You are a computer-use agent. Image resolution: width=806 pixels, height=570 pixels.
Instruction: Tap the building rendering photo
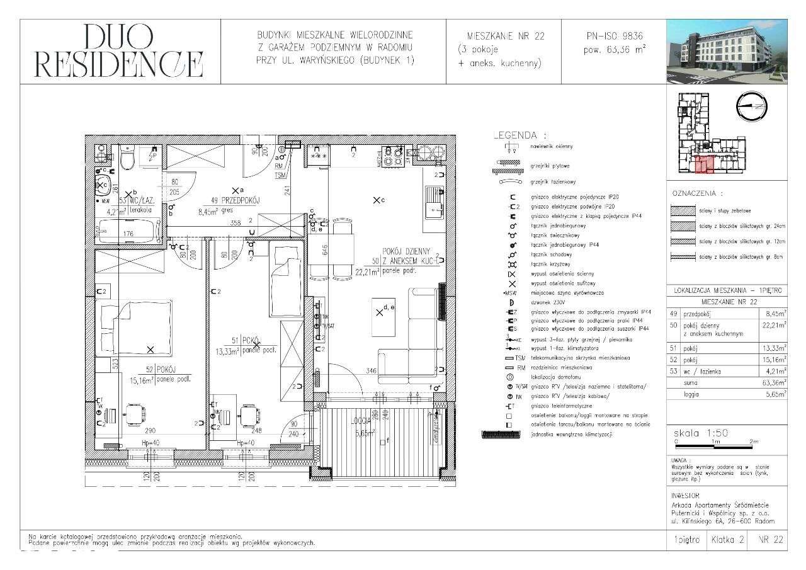(727, 51)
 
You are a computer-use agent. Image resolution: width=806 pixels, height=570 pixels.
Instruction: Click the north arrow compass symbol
(751, 107)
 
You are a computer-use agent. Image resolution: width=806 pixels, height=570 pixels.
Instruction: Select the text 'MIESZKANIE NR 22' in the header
(505, 37)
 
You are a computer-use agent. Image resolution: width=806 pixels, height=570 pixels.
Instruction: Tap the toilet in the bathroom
(127, 159)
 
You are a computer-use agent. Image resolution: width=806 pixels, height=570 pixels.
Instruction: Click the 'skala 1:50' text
(700, 434)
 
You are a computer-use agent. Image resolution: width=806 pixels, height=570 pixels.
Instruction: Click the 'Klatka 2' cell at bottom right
(728, 540)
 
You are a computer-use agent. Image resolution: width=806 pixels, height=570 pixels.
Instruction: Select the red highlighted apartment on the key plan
(705, 166)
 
